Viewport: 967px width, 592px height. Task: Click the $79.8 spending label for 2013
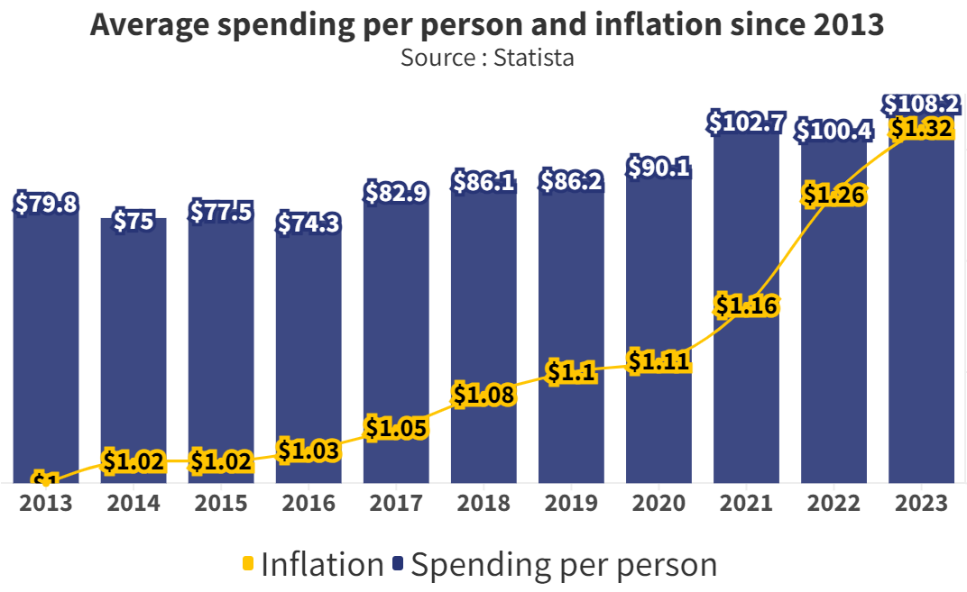click(46, 204)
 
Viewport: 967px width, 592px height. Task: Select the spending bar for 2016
click(309, 360)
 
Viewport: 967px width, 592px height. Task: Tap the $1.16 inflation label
click(746, 305)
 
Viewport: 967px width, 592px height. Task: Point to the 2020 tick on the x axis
click(658, 503)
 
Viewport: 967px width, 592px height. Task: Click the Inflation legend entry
click(313, 565)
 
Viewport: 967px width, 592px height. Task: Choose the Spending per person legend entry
click(556, 565)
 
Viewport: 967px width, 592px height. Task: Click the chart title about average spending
click(487, 25)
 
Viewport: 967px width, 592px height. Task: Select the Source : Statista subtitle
click(487, 58)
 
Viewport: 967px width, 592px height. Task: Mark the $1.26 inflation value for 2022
click(834, 194)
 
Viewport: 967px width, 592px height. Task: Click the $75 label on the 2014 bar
click(134, 221)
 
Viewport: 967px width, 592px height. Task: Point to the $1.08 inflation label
click(483, 394)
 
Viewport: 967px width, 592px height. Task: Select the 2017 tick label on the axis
click(396, 503)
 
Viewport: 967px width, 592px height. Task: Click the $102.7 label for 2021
click(746, 123)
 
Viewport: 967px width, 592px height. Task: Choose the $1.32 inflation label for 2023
click(921, 129)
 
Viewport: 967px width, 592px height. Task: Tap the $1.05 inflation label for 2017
click(396, 428)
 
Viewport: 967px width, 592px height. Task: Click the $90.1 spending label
click(658, 168)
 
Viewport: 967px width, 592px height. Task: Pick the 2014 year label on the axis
click(134, 503)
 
